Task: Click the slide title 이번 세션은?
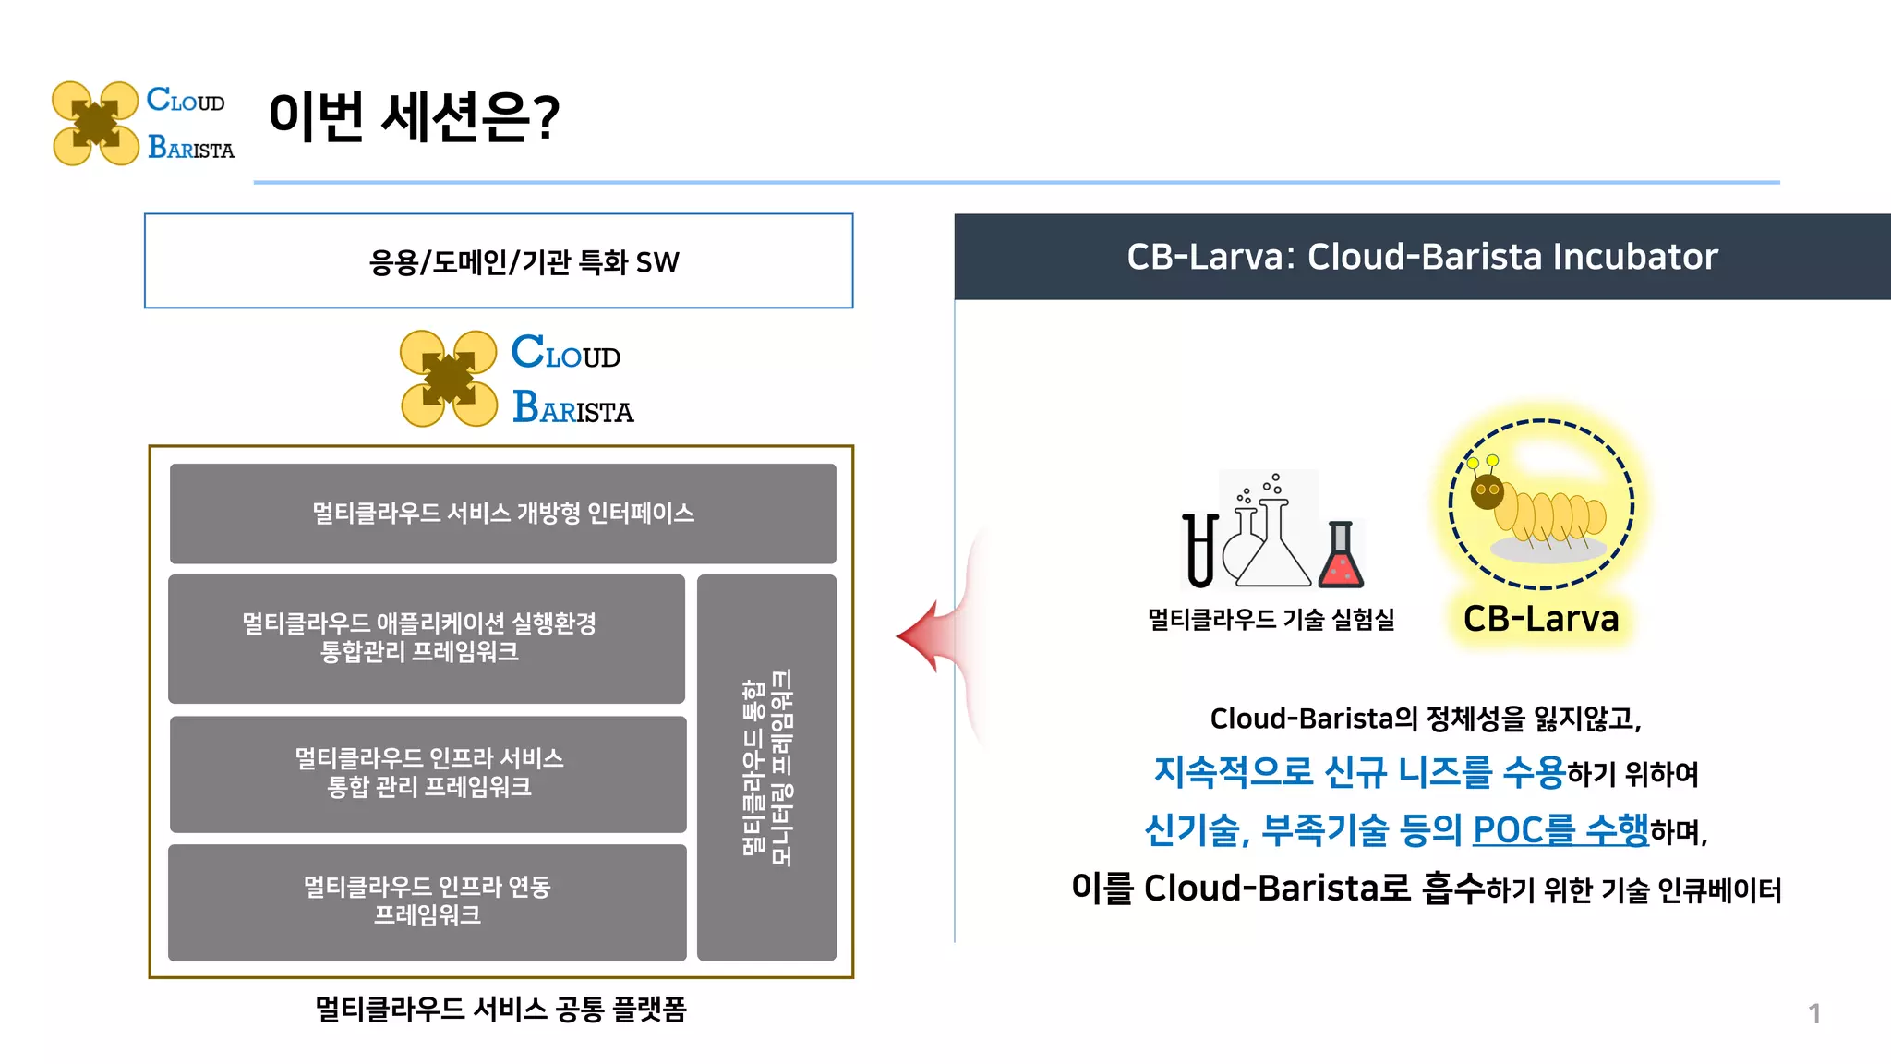[x=414, y=116]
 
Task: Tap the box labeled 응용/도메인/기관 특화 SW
[x=499, y=261]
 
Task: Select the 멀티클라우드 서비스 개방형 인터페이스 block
[x=502, y=514]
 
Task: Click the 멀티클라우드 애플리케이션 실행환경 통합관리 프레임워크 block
[x=426, y=638]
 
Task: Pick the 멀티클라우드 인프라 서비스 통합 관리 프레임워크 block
[x=428, y=774]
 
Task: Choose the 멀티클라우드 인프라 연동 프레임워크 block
[x=427, y=901]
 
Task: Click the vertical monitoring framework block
[x=766, y=768]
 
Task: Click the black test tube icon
[x=1199, y=550]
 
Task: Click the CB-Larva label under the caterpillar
[x=1541, y=619]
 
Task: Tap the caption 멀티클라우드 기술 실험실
[x=1271, y=619]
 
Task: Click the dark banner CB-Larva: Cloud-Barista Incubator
[x=1422, y=257]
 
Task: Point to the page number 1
[x=1814, y=1014]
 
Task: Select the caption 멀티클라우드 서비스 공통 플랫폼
[x=500, y=1009]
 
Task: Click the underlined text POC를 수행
[x=1560, y=829]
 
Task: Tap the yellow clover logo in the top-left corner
[x=95, y=124]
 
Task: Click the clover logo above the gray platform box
[x=449, y=379]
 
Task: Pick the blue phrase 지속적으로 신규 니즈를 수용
[x=1359, y=772]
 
